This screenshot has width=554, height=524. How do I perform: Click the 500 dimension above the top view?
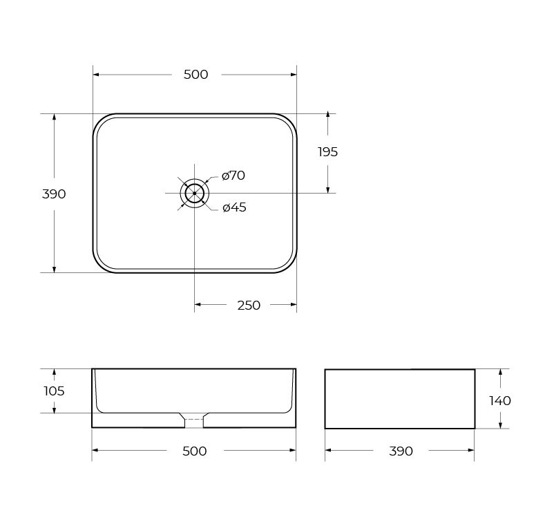point(195,75)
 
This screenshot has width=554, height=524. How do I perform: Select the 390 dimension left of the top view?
point(54,194)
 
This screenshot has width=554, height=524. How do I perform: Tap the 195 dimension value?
point(328,152)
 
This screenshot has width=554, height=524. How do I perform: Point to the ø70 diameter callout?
point(233,176)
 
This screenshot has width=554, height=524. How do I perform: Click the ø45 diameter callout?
point(234,207)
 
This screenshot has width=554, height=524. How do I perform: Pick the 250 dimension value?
point(249,305)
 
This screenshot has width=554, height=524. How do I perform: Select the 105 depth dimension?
point(54,391)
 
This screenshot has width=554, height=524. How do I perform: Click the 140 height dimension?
point(500,401)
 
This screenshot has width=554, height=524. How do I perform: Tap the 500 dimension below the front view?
point(194,451)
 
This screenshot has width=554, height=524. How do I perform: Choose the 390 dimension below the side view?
point(401,451)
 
